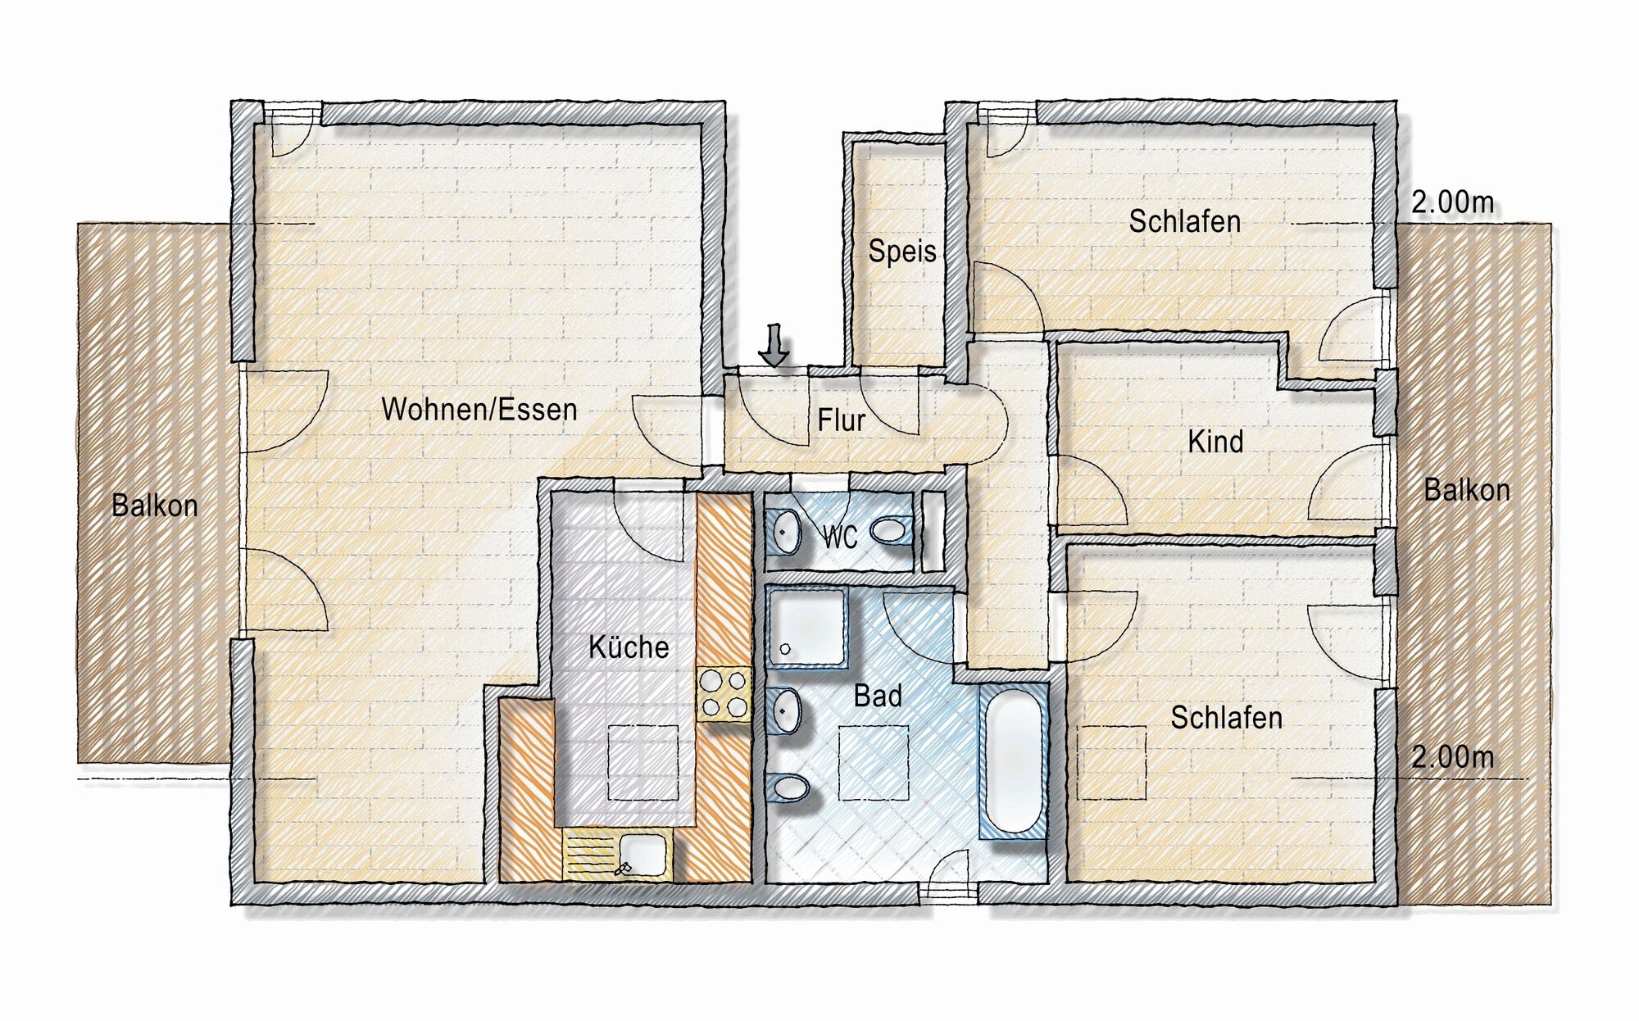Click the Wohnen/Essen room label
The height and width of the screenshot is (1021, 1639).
479,409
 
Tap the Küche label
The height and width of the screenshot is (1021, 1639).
629,647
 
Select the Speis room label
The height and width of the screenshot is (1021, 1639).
902,251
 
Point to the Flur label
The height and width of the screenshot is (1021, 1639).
841,420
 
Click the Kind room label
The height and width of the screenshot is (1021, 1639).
1215,442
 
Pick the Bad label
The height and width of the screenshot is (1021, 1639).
878,696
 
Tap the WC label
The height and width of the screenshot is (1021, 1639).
840,538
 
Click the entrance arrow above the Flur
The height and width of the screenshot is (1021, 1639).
774,344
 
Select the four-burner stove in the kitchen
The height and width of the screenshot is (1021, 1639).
724,694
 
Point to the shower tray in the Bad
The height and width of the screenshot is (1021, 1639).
806,628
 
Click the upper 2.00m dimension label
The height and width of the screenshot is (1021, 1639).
1453,202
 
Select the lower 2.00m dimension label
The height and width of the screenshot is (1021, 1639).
1453,756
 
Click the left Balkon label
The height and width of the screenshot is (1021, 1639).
155,506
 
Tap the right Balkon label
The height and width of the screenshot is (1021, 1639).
1467,490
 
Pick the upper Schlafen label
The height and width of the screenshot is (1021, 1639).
1185,221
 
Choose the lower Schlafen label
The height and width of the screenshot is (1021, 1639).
1227,718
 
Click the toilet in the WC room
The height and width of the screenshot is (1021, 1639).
892,531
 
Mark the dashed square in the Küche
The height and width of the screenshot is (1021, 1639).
642,763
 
